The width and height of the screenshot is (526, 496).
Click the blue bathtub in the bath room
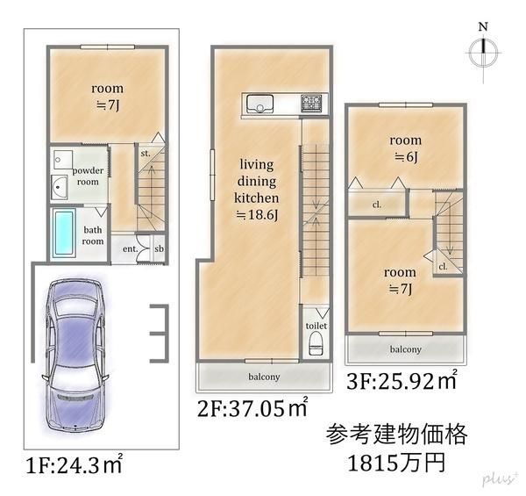pos(64,233)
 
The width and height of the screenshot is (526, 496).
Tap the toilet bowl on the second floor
pos(316,343)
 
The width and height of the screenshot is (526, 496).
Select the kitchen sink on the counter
pos(259,104)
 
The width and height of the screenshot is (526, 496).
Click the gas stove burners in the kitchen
pos(311,103)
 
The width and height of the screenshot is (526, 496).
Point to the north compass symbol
pos(483,52)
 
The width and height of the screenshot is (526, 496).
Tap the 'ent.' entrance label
pos(130,248)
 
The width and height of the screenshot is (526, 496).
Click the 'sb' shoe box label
pos(159,248)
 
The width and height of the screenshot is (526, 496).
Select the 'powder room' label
pos(88,176)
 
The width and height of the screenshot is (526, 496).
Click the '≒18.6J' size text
pos(257,214)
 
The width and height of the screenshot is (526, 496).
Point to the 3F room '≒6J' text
pos(406,157)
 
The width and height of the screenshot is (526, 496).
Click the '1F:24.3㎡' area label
pos(74,464)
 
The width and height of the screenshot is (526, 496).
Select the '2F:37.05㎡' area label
pos(252,407)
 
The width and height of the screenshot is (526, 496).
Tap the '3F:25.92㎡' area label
pos(402,379)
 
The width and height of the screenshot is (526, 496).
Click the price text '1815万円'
pos(396,463)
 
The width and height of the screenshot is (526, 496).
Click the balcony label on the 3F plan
pos(406,349)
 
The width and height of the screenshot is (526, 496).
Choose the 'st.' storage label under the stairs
pos(146,154)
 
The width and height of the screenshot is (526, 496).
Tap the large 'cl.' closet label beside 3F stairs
pos(377,205)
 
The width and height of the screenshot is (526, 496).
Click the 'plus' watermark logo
pos(499,478)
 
